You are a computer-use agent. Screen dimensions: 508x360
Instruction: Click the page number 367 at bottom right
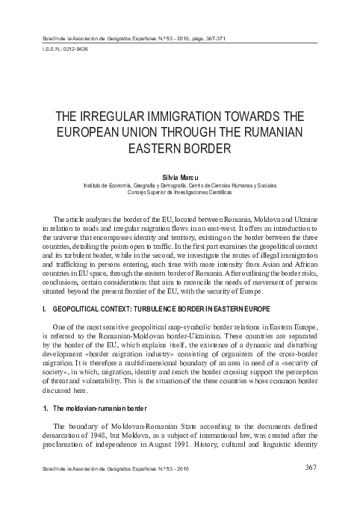tap(312, 468)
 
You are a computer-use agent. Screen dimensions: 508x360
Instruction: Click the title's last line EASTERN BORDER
tap(179, 148)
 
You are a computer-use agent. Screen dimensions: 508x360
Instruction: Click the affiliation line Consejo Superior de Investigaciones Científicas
tap(179, 192)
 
